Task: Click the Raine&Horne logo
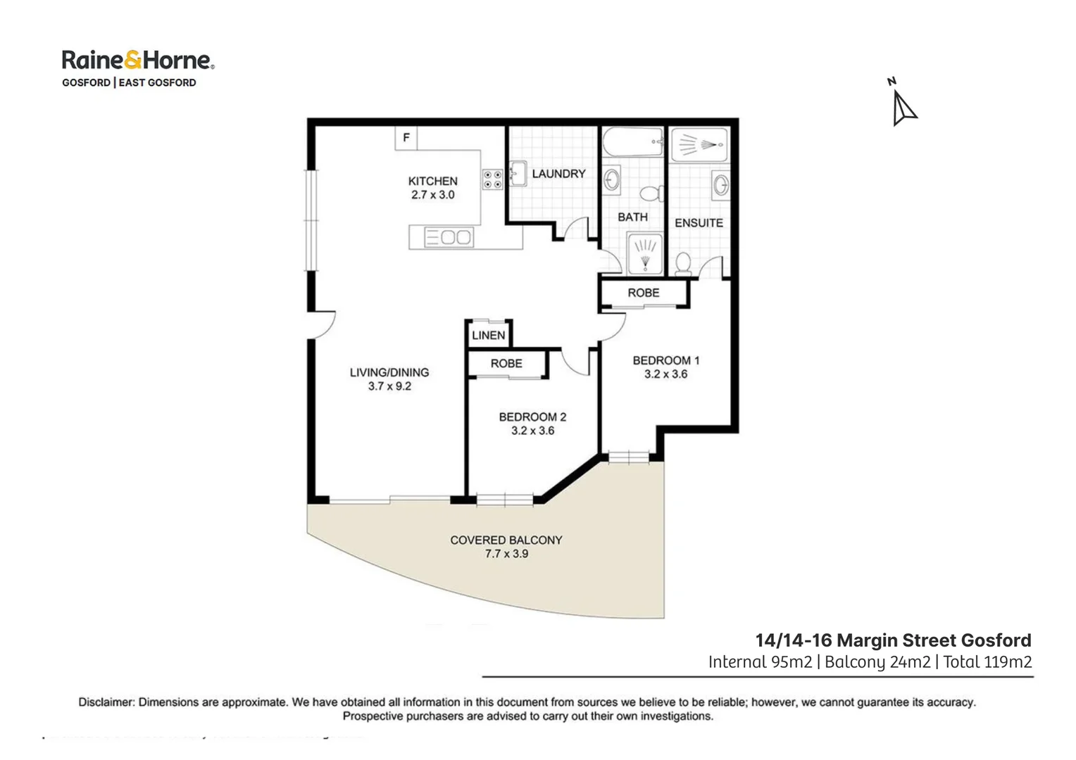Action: click(137, 61)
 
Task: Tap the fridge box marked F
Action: click(406, 138)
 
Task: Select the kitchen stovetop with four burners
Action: click(492, 179)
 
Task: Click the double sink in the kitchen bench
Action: click(449, 237)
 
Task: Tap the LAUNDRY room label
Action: click(558, 174)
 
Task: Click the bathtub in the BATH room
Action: click(632, 142)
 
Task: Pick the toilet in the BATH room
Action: click(651, 193)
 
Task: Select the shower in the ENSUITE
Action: click(699, 145)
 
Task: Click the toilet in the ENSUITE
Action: click(682, 264)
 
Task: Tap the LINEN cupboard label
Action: click(488, 336)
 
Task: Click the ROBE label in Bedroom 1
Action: click(644, 293)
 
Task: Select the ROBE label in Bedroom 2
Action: click(506, 364)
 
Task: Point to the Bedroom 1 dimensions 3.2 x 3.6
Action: click(665, 374)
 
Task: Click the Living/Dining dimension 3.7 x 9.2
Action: click(389, 386)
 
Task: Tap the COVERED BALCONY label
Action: click(506, 540)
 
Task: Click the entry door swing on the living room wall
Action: click(323, 325)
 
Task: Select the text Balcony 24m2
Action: click(877, 662)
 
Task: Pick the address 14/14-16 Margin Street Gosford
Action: click(893, 640)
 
